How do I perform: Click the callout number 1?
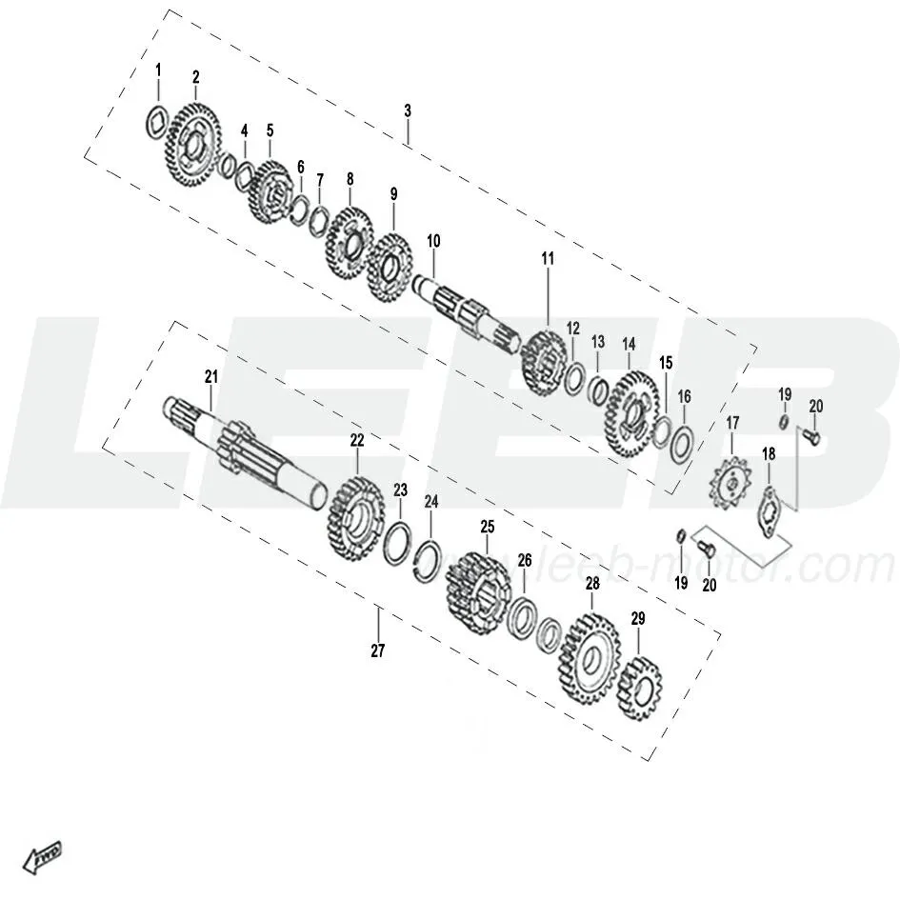point(158,70)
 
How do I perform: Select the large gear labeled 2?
point(192,144)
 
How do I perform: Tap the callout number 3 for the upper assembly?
point(408,110)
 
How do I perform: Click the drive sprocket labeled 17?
point(731,485)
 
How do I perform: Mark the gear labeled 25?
point(478,593)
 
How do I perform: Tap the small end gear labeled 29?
point(639,689)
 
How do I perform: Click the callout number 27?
point(378,650)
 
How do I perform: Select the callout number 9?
point(393,194)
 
